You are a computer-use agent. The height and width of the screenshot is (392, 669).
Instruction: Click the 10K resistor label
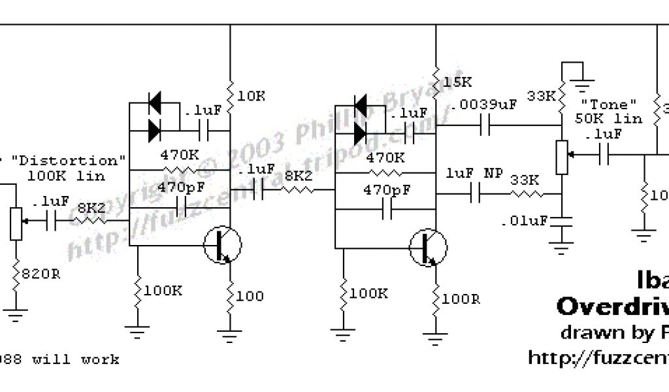point(252,96)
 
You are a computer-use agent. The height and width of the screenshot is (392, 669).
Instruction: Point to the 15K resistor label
point(457,82)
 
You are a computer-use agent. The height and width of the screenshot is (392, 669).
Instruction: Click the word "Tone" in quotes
point(608,105)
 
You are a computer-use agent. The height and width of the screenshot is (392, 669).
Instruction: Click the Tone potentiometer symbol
point(562,157)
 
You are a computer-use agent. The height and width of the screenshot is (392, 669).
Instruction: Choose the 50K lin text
point(608,119)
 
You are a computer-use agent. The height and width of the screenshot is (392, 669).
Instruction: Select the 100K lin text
point(68,175)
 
